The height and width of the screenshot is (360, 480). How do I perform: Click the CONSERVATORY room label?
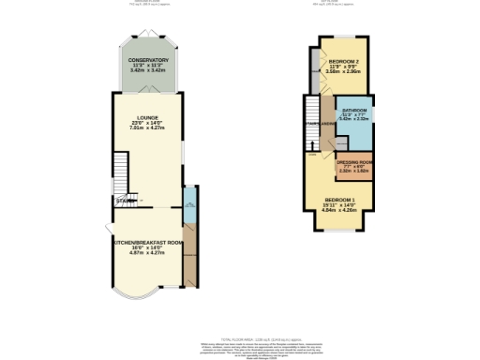pos(148,59)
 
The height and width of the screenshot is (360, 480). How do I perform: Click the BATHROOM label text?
pos(354,110)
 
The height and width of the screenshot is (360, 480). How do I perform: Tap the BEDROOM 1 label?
pos(339,200)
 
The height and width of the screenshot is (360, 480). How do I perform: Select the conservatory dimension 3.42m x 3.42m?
pos(148,70)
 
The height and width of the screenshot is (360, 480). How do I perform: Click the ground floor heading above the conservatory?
pos(148,2)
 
